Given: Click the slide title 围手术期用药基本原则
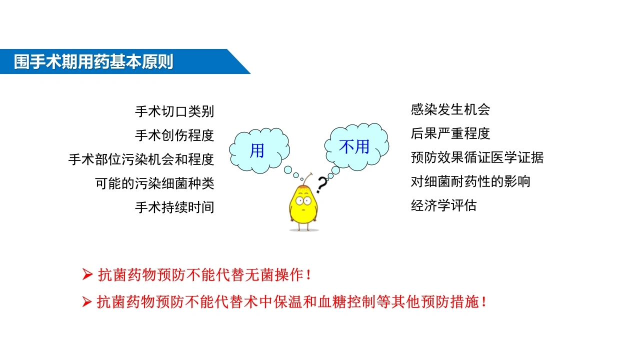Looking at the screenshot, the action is point(93,61).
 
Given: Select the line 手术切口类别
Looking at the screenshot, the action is point(174,111).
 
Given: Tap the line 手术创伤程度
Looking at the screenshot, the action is point(174,135).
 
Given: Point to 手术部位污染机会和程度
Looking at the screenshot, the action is point(141,159).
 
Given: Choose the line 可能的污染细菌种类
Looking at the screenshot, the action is point(154,183).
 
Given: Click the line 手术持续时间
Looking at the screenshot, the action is point(174,207).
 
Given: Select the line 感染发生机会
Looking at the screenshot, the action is point(450,109).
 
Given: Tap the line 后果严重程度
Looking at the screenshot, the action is point(450,133).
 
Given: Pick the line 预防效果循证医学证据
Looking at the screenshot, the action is point(477,157).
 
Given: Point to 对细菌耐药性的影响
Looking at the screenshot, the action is point(470,181).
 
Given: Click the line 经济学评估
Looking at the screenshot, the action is point(443,205).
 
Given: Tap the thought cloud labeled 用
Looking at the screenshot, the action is point(259,150).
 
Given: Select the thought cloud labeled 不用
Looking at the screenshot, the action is point(356,146).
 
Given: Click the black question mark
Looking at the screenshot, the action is point(322,184).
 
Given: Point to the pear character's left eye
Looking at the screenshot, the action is point(299,200).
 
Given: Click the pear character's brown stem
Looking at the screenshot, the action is point(307,179).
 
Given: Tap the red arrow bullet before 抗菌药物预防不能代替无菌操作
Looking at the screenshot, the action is point(87,274).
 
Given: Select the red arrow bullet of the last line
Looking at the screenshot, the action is point(87,301).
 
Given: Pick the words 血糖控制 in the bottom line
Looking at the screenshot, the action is point(346,301).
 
